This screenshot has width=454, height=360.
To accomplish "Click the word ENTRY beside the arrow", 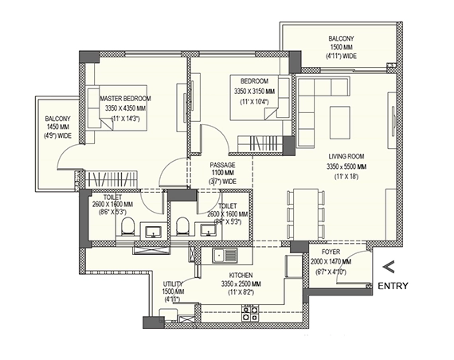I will [x=393, y=286].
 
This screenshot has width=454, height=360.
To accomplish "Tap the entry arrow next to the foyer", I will [x=389, y=267].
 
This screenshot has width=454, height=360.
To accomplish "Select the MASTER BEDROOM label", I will [x=125, y=98].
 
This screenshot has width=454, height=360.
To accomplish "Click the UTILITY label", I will [x=174, y=284].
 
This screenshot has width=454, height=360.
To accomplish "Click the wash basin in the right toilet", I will [x=209, y=229].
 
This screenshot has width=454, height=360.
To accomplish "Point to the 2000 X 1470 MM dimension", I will [x=329, y=261].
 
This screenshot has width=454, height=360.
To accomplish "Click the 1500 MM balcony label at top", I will [x=340, y=47].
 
